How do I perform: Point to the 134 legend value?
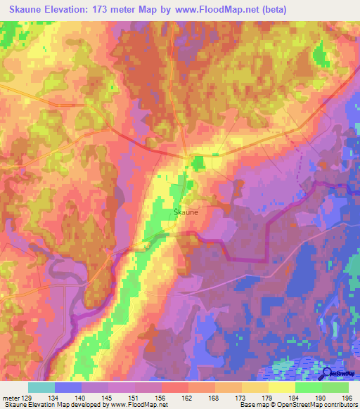54,397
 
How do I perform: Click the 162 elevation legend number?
187,397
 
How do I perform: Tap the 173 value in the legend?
240,397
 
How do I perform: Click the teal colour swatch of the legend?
41,387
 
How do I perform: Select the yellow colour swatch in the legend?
281,387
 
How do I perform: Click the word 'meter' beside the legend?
11,397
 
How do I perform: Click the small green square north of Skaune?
198,163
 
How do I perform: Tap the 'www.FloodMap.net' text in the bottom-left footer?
138,405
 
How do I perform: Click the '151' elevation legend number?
134,397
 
